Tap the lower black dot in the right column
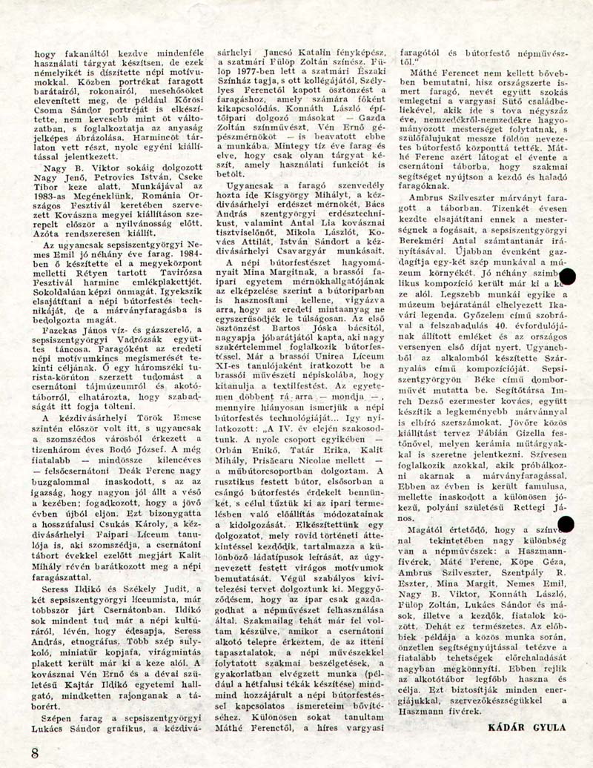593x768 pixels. click(566, 526)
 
